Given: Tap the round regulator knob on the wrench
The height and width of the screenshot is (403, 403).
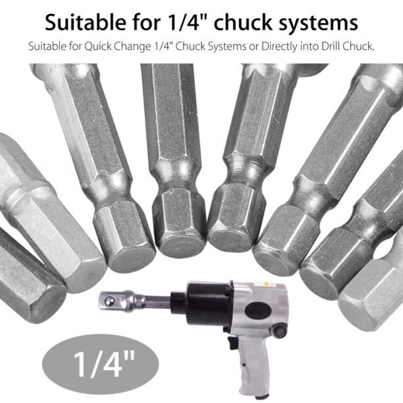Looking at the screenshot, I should coord(280,331).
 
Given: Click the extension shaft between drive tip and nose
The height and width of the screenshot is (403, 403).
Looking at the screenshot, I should coord(155,301).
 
